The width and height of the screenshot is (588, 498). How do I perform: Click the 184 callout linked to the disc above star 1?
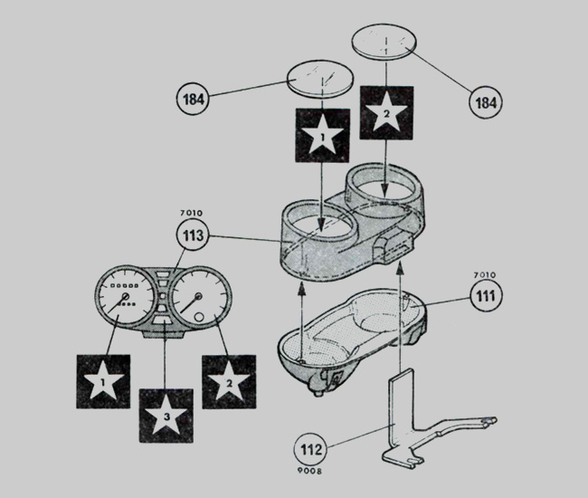pos(193,100)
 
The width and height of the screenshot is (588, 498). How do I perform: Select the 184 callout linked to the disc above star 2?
pos(486,102)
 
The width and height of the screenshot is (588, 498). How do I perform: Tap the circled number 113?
pos(193,235)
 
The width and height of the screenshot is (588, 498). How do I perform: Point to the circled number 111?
pos(486,296)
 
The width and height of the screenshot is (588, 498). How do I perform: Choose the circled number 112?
pos(311,449)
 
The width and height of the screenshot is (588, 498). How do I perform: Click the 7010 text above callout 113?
pos(191,213)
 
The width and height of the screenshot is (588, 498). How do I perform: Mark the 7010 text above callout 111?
pos(485,274)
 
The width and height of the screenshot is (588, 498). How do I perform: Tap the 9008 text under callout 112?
pos(309,471)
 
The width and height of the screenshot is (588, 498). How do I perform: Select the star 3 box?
pos(166,416)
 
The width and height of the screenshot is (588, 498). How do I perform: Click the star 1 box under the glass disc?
pos(323,136)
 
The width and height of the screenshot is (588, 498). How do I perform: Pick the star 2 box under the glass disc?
pos(386,112)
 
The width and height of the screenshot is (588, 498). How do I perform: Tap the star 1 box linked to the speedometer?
pos(103,381)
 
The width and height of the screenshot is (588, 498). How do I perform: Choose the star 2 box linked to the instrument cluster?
pos(229,381)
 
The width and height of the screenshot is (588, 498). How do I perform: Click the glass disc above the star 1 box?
pos(320,80)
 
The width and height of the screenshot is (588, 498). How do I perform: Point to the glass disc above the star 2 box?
pos(384,42)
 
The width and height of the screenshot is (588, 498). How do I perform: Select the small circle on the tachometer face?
pos(199,317)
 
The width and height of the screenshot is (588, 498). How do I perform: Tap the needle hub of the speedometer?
pos(125,296)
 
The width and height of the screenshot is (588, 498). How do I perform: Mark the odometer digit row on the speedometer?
pos(125,286)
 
